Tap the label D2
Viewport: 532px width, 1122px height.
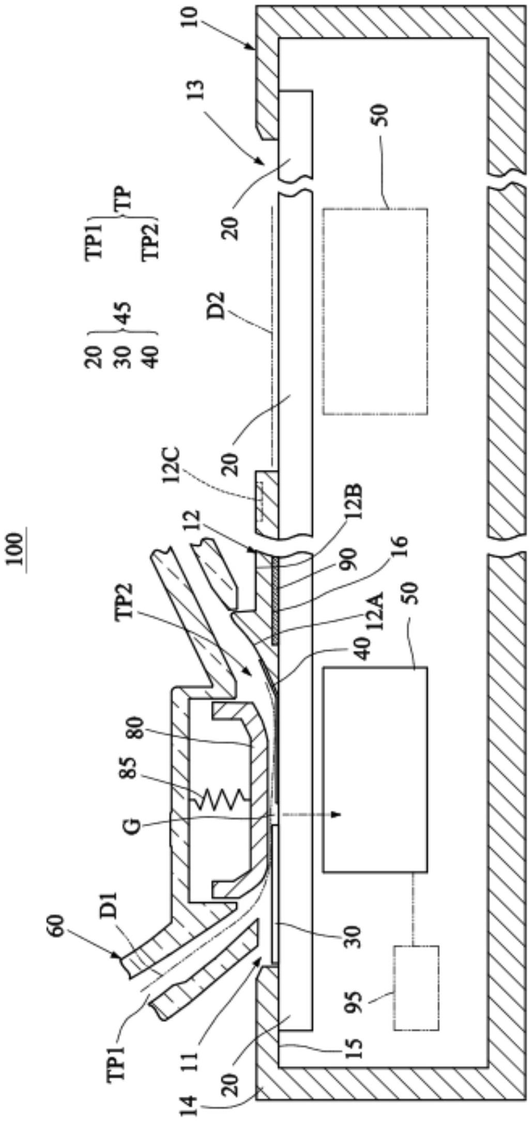pos(217,306)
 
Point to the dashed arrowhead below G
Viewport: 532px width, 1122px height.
pos(336,814)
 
